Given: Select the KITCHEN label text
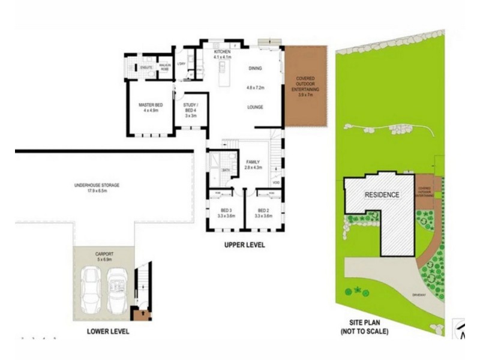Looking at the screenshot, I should pos(223,53).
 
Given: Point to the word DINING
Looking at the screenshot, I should pos(256,68).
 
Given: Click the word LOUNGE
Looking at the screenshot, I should pos(256,107).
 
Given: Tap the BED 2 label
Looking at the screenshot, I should pos(263,211).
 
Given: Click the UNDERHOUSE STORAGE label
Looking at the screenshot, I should pos(97,185).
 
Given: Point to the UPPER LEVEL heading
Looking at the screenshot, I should pos(244,245).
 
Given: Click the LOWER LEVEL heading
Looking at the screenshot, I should pos(107,331).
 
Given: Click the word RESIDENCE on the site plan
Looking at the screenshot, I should pos(382,195).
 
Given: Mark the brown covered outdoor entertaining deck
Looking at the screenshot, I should pos(305,87).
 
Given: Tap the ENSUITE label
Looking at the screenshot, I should pos(146,67).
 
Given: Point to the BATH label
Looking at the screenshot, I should pos(226,170).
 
